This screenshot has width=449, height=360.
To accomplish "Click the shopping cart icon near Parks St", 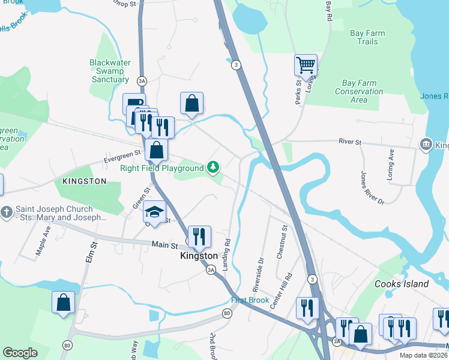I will tap(306, 65).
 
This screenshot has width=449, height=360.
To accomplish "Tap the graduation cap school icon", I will tap(155, 212).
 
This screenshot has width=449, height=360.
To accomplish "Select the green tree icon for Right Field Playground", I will tap(212, 167).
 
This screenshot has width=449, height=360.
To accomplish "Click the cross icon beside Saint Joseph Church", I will tap(7, 212).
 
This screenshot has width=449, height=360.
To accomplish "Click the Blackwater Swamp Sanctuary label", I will tap(110, 71).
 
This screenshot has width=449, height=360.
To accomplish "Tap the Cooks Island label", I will tap(402, 284).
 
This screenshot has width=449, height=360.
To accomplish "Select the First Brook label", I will tap(247, 300).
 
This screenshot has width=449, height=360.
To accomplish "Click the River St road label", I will tap(350, 142).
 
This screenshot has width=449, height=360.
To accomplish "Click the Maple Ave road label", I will tap(44, 241).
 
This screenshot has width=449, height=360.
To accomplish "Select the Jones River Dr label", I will tap(372, 188).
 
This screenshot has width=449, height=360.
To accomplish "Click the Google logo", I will tap(20, 353).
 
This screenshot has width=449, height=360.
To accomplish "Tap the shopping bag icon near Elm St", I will tap(63, 303).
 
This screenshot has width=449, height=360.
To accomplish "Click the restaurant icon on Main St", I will tap(199, 237).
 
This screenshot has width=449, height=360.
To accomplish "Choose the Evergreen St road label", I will tap(121, 155).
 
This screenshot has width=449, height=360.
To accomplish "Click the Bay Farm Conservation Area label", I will tap(358, 91).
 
